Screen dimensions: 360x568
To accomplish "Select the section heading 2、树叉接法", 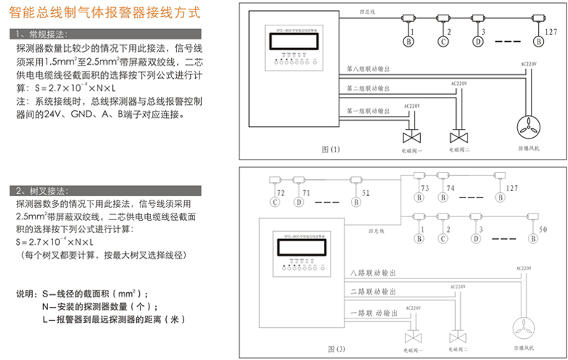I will click(x=44, y=191).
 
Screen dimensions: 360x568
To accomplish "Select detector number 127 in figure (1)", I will click(x=551, y=33).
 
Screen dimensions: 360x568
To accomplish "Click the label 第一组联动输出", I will click(x=368, y=111).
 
